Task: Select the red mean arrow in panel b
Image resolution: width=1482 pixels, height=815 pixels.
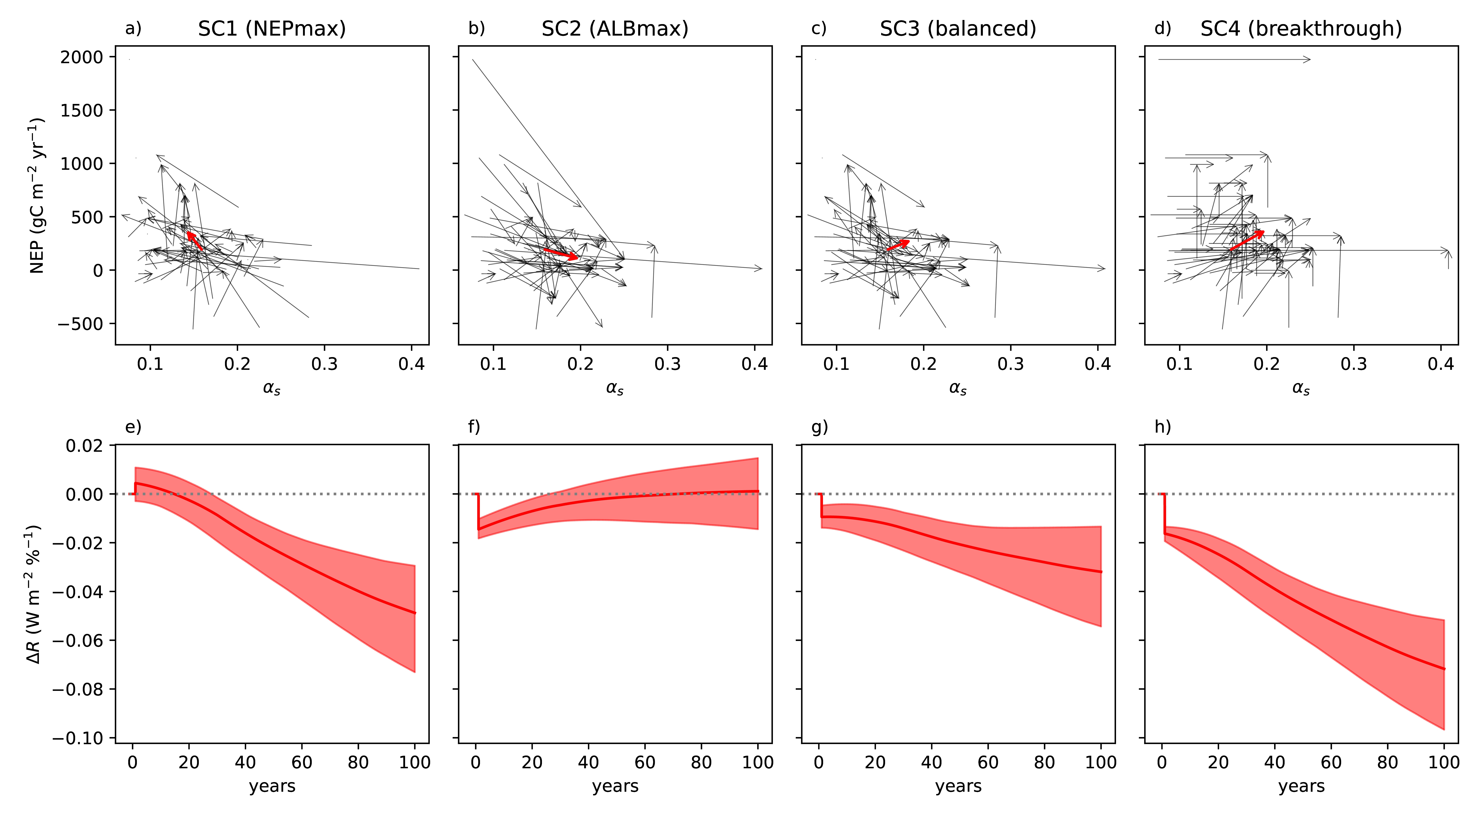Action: coord(561,254)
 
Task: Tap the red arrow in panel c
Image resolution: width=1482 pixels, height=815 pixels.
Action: coord(898,245)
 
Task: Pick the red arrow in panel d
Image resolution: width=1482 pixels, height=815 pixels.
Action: coord(1247,240)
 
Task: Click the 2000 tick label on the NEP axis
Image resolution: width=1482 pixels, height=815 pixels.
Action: coord(82,57)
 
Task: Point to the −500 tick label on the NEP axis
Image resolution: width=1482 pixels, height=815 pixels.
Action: coord(79,324)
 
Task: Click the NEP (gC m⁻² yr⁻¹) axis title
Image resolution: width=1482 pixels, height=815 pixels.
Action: coord(37,196)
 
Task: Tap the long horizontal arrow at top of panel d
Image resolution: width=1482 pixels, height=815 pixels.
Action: coord(1234,59)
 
